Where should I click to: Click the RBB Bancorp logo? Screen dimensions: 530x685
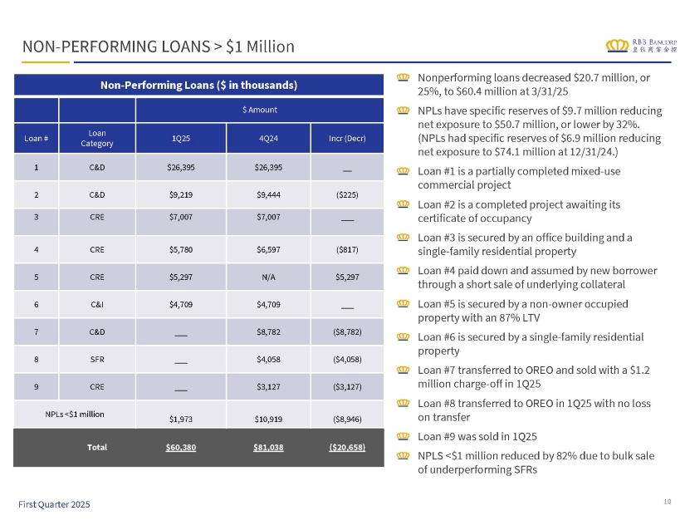[x=640, y=45]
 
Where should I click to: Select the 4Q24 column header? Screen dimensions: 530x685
[x=267, y=137]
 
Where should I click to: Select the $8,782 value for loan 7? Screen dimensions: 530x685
[x=267, y=332]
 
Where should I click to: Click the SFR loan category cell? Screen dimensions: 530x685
[x=96, y=360]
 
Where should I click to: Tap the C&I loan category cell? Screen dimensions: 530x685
[x=96, y=304]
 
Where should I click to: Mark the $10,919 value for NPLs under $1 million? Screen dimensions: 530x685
[x=267, y=419]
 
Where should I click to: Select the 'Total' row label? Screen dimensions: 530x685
[x=97, y=447]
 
